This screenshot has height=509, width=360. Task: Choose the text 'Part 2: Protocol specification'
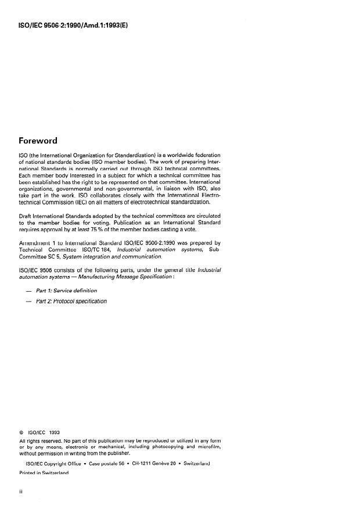click(x=71, y=301)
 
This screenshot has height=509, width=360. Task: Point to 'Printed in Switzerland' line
click(x=44, y=474)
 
